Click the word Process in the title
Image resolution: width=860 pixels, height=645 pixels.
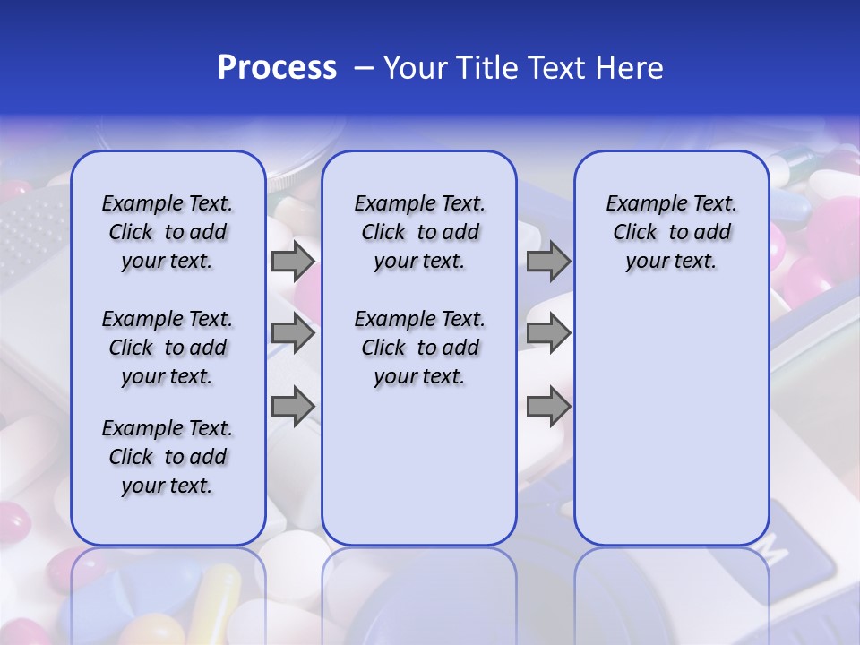point(277,68)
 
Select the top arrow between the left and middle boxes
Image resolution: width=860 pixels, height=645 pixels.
point(293,261)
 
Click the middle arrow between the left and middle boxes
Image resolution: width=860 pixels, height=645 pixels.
point(293,333)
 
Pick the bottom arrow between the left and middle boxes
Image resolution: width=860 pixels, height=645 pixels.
point(293,407)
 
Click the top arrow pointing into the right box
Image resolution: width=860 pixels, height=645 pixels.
point(548,261)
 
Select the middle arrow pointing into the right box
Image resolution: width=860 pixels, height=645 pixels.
point(548,333)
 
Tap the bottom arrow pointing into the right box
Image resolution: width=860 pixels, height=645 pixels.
point(548,407)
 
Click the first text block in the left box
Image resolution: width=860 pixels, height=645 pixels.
point(168,232)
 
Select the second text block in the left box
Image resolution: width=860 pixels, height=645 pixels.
point(168,348)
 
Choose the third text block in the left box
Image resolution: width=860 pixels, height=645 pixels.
point(168,457)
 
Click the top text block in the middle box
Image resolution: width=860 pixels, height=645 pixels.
point(419,232)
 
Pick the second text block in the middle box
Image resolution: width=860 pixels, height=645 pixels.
point(419,348)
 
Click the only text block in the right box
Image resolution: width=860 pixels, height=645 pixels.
point(671,232)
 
